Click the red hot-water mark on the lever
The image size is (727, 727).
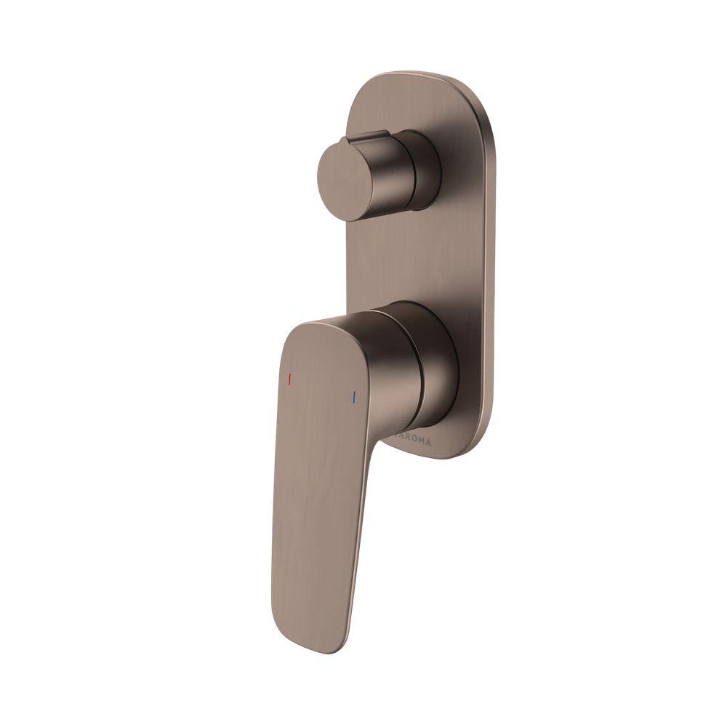click(x=289, y=379)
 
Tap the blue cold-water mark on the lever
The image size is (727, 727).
click(x=353, y=398)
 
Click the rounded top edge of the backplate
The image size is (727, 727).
click(x=422, y=75)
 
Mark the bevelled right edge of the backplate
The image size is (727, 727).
click(x=494, y=276)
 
